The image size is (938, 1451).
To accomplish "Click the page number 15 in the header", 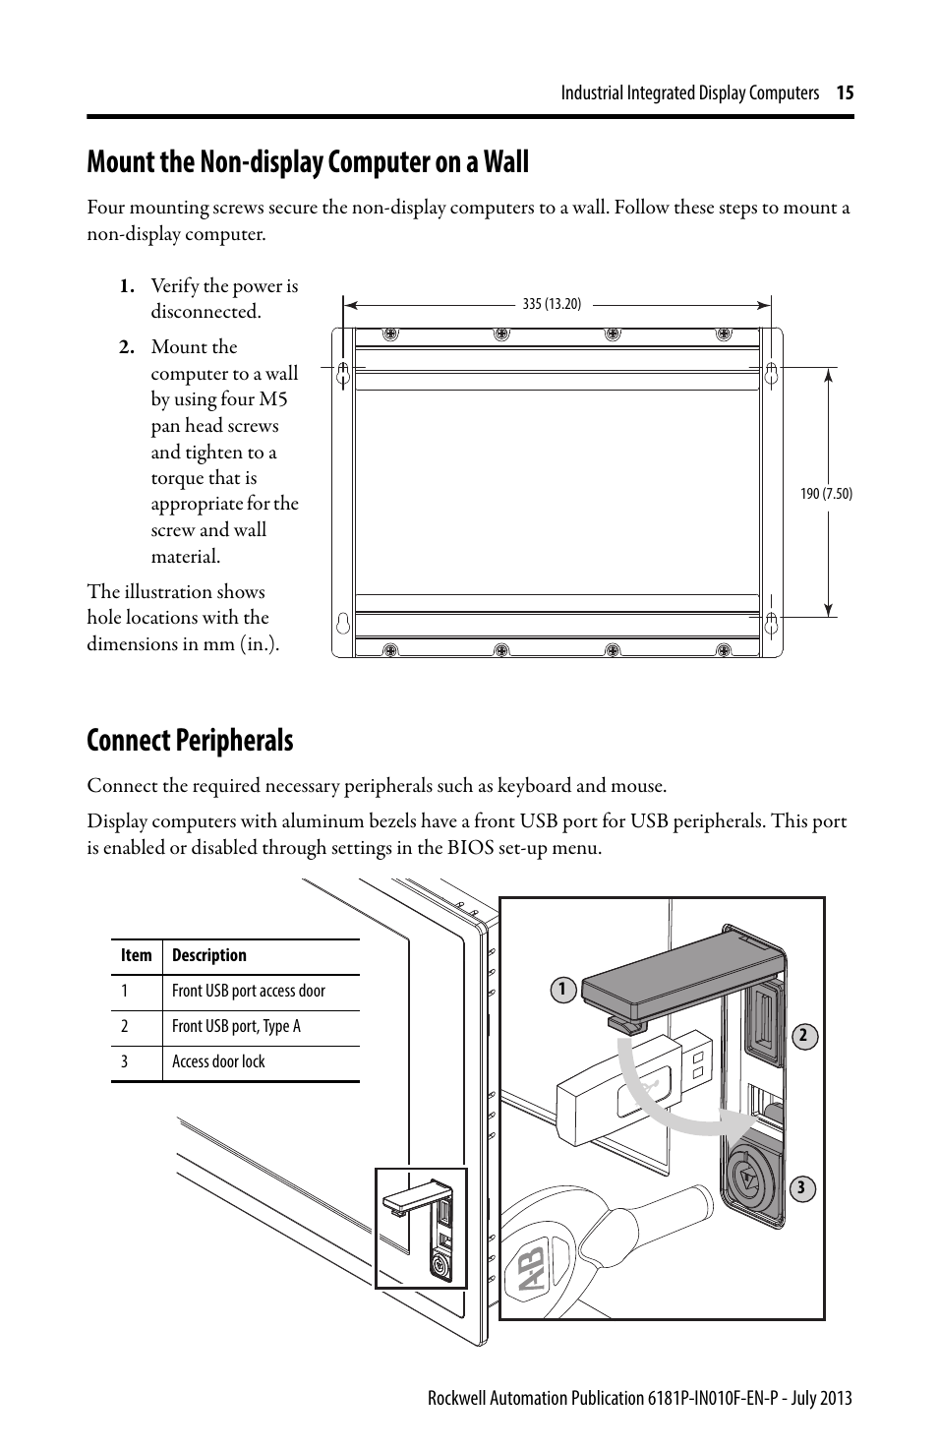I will (846, 93).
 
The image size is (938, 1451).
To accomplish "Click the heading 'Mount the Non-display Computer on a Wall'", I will (307, 162).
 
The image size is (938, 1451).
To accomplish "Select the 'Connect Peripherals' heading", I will (190, 741).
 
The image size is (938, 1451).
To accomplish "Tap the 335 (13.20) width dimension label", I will (552, 305).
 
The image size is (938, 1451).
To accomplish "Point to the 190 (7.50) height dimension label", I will (826, 494).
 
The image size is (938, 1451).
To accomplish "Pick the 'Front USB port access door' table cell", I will (248, 992).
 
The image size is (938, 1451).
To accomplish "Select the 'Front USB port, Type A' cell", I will (236, 1027).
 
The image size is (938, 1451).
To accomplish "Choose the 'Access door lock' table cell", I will (218, 1062).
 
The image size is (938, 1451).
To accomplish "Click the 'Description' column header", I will (208, 956).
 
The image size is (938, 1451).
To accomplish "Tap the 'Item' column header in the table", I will (137, 956).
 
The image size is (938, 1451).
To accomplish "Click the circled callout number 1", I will (561, 990).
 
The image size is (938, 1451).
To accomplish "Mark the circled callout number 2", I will (802, 1035).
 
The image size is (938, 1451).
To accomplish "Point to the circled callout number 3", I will (801, 1188).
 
